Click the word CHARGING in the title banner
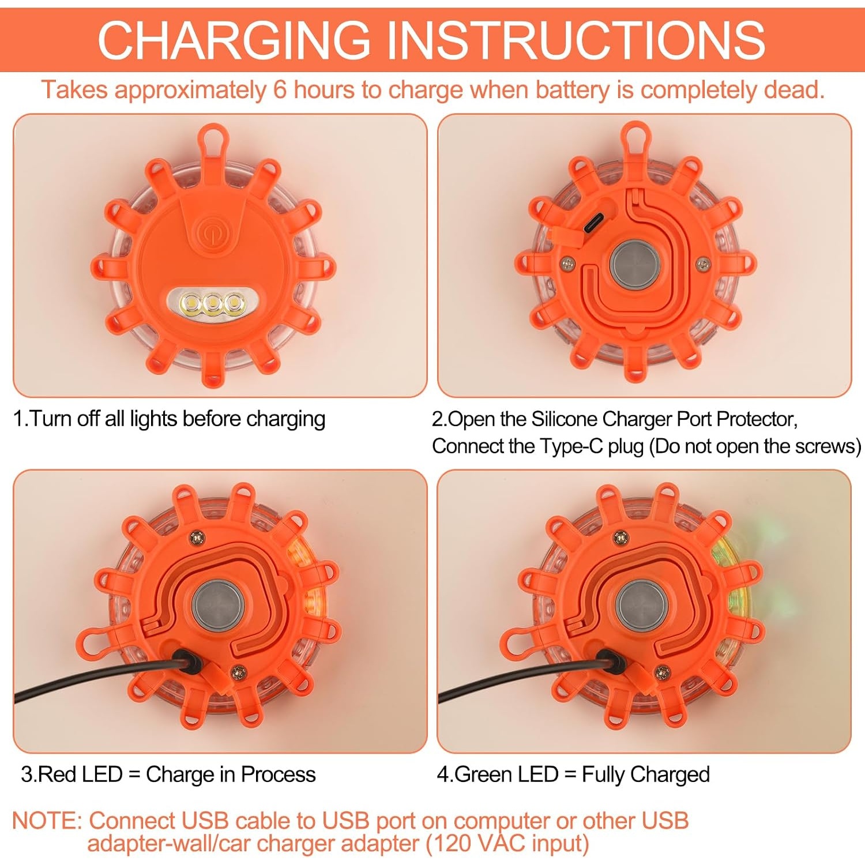[234, 40]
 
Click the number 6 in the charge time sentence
[280, 90]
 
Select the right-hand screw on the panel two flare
[702, 264]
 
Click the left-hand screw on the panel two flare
[567, 264]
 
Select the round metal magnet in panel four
[641, 606]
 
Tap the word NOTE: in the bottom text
[47, 820]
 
